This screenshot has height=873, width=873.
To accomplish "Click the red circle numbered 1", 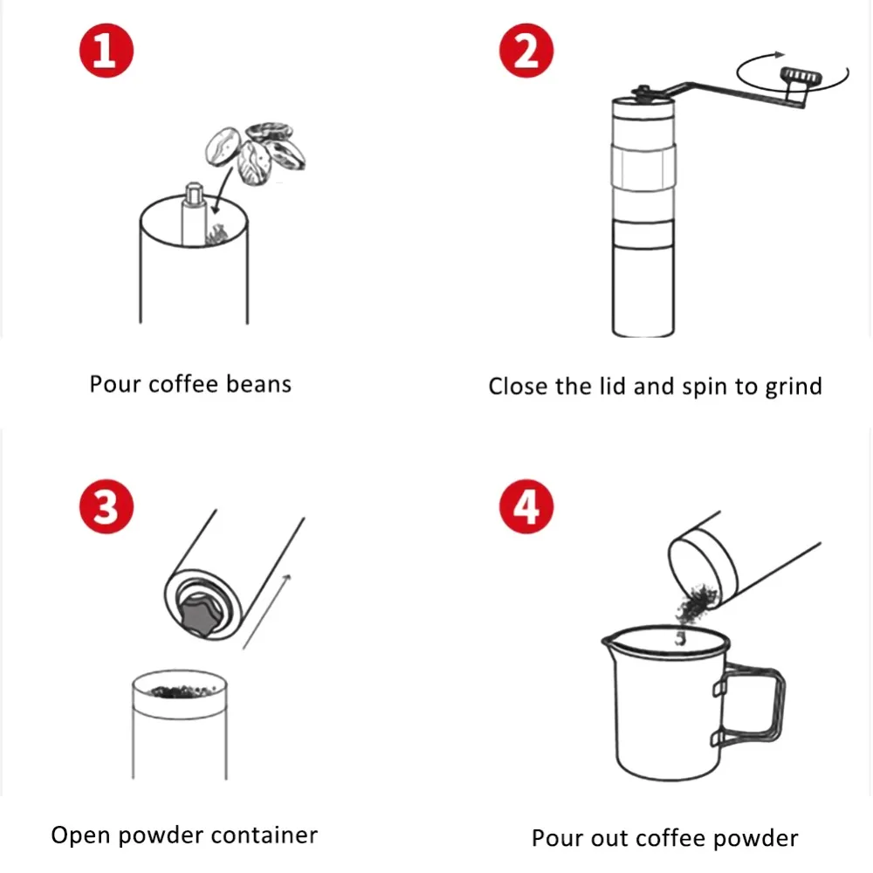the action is (107, 51).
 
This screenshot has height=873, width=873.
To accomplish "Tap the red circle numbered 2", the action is (526, 51).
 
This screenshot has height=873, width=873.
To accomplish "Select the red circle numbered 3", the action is (107, 506).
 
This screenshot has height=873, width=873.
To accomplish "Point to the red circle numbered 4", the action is (526, 506).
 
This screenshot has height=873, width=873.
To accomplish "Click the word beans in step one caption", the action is (259, 384).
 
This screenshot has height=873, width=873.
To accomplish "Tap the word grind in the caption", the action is (794, 387).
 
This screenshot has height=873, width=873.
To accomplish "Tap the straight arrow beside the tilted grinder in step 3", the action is (266, 611).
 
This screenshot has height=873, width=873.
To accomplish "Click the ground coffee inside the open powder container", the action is (181, 691).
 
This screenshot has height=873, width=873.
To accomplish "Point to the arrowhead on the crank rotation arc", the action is (779, 54).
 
